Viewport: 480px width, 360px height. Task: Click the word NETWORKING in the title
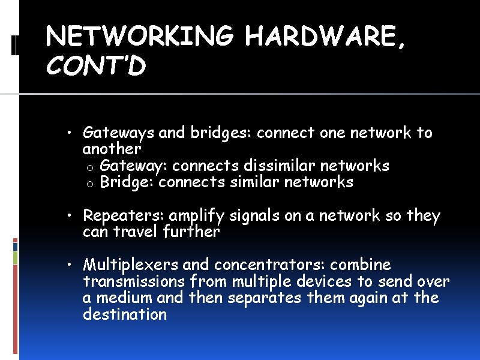139,38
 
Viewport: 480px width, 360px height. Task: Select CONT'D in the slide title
96,67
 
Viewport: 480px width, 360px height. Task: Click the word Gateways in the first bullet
119,133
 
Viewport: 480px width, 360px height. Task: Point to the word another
112,148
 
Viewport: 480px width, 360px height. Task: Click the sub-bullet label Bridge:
127,182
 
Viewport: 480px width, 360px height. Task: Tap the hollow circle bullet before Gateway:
89,166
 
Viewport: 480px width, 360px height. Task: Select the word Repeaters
124,216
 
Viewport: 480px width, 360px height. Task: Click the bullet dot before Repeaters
71,216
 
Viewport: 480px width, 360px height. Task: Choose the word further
191,232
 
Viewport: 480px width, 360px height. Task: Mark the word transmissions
134,281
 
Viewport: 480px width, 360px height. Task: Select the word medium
124,298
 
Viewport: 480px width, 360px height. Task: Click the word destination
125,314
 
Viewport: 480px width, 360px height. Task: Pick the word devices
322,281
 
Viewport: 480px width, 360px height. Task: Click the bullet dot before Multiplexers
71,265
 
